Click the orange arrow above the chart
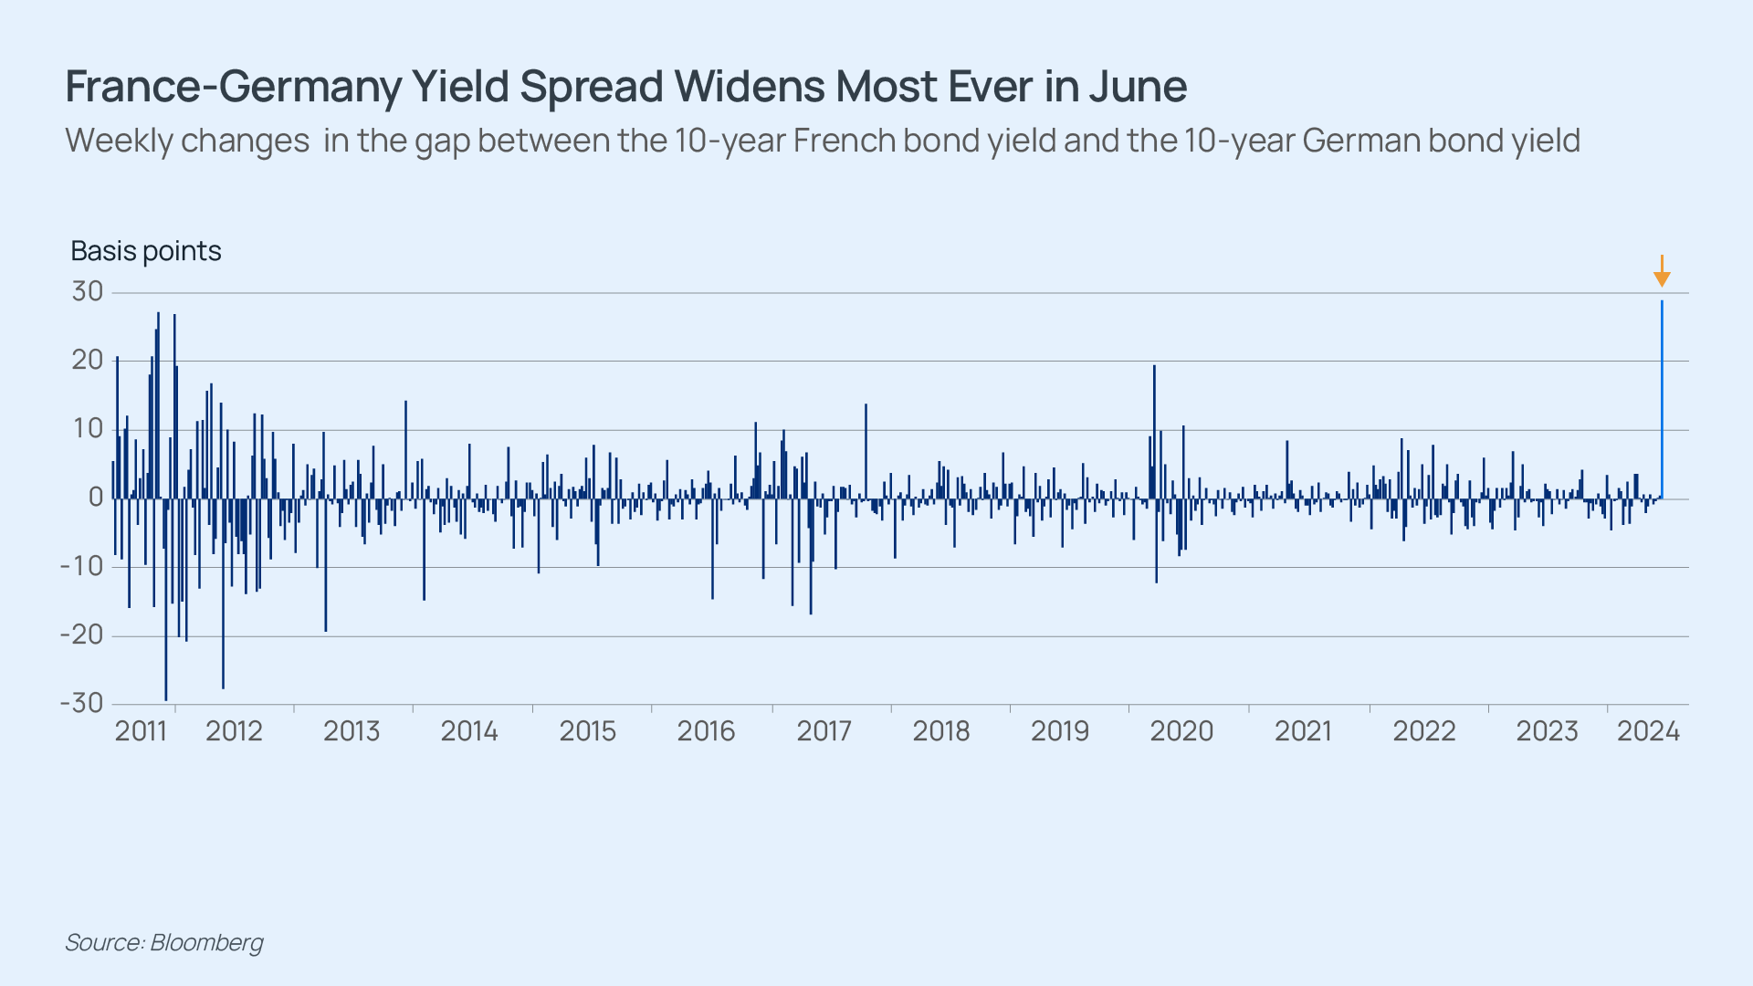1662,272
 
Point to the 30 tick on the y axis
88,292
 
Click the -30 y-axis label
81,704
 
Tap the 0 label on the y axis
96,498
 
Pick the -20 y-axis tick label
81,635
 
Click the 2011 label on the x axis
141,731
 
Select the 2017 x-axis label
824,731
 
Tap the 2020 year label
1181,731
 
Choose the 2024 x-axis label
1648,731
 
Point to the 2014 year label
469,731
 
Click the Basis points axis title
146,251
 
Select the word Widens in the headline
749,87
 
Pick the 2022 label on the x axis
1424,731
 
